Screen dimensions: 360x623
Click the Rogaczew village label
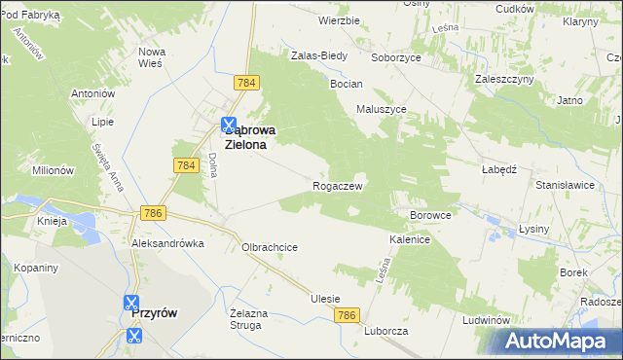pos(338,186)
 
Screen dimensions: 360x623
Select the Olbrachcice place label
pos(270,247)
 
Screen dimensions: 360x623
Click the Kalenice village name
pos(410,238)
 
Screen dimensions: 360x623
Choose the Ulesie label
pos(325,299)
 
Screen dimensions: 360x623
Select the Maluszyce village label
pos(382,109)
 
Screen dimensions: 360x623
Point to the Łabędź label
pos(497,166)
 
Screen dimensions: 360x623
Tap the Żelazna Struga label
pos(247,319)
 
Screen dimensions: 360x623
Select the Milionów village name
pos(53,169)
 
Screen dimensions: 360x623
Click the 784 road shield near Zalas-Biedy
pos(246,84)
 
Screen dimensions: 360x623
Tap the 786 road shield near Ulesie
pos(347,315)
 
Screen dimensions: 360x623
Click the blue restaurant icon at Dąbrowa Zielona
pos(229,125)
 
